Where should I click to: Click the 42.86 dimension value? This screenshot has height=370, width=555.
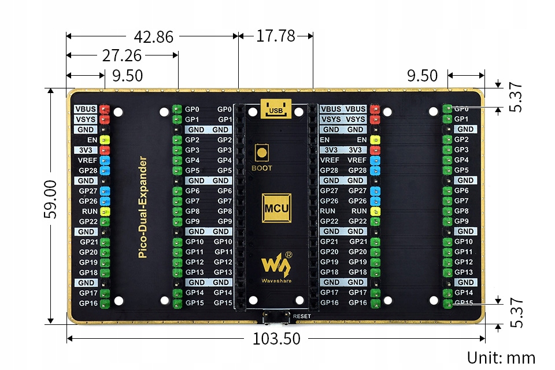pos(153,36)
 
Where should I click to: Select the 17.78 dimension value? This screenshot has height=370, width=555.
pos(276,36)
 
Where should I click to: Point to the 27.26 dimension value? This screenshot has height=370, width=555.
pos(122,55)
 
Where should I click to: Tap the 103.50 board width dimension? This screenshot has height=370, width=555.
pos(276,339)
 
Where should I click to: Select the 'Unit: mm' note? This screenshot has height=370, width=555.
pos(501,358)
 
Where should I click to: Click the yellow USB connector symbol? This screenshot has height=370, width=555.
pos(275,109)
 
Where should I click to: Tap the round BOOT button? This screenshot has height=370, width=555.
pos(262,153)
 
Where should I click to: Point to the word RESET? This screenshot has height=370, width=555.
pos(302,316)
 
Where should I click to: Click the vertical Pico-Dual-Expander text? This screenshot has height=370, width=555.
pos(142,206)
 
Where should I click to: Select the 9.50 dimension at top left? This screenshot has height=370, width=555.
pos(128,76)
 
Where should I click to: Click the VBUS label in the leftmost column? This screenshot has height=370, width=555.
pos(86,109)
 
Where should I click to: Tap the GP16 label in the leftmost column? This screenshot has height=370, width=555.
pos(88,303)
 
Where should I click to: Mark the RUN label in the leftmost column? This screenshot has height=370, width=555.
pos(90,211)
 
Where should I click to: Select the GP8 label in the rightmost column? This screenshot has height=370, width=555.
pos(461,211)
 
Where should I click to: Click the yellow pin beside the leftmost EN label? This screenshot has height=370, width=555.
pos(105,140)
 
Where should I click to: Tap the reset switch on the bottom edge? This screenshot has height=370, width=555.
pos(275,317)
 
